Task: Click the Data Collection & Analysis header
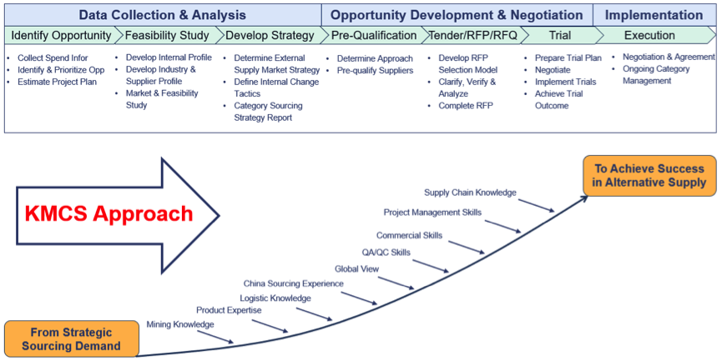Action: [x=163, y=15]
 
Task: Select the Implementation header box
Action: [x=654, y=15]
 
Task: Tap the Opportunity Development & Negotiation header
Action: [x=457, y=15]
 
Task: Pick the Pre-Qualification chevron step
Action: [x=373, y=36]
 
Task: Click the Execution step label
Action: [x=651, y=36]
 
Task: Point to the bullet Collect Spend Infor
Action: [x=52, y=58]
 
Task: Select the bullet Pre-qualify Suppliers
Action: [x=375, y=71]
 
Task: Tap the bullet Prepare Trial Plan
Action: [x=568, y=58]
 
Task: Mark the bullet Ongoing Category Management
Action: [x=656, y=75]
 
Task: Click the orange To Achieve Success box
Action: [x=649, y=175]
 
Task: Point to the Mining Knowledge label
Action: [x=180, y=323]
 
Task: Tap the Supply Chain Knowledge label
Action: [x=470, y=193]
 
